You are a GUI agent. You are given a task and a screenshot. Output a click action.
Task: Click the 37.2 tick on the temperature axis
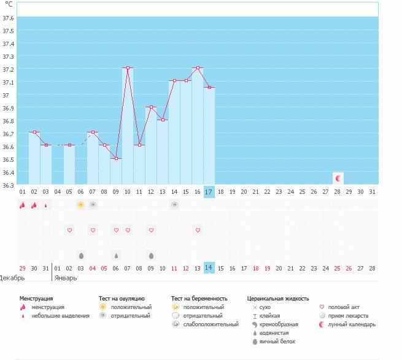(x=8, y=69)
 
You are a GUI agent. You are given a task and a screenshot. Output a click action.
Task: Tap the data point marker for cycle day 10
(x=128, y=68)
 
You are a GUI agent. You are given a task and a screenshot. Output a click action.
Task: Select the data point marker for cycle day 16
(x=198, y=68)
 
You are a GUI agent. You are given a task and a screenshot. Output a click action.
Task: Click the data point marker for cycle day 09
(x=116, y=158)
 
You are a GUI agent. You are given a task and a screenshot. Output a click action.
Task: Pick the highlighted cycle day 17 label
(x=209, y=191)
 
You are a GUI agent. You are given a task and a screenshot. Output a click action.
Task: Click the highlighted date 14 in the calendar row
(x=209, y=268)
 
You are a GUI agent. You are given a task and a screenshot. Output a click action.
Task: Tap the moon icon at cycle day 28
(x=338, y=178)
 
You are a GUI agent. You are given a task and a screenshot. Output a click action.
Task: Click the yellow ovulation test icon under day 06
(x=80, y=205)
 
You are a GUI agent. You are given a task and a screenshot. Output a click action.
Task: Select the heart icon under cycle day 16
(x=198, y=230)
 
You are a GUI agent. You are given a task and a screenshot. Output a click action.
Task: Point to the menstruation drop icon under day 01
(x=22, y=205)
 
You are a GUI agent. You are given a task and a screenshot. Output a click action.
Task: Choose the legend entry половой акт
(x=344, y=307)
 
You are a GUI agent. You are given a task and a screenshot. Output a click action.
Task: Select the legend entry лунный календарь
(x=351, y=324)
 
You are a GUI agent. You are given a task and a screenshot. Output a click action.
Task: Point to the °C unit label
(x=9, y=4)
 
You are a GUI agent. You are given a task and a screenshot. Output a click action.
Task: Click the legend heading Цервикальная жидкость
(x=278, y=299)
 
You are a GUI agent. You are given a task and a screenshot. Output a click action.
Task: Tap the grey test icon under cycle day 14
(x=174, y=205)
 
